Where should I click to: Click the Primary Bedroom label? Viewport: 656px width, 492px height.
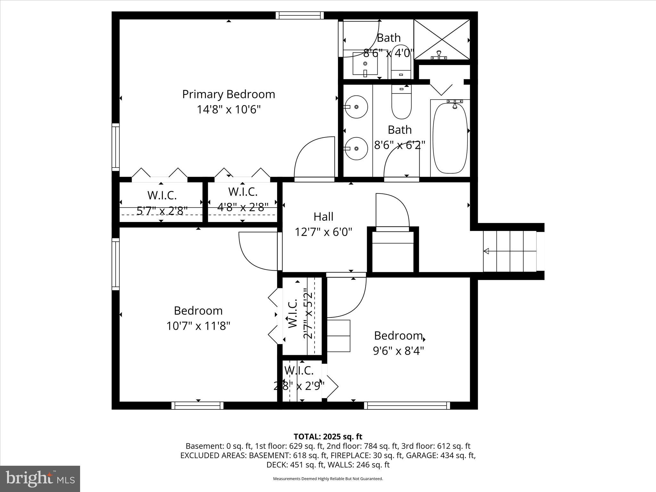[x=228, y=94]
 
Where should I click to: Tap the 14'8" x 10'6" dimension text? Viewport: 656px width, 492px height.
[x=228, y=110]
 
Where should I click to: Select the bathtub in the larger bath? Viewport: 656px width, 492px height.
[x=450, y=138]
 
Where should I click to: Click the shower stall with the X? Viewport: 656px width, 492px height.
[x=442, y=39]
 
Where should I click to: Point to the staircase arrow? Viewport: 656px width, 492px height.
[x=486, y=251]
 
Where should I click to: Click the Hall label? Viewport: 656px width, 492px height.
[x=323, y=217]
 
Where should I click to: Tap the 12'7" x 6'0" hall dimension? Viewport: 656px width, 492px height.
[x=323, y=232]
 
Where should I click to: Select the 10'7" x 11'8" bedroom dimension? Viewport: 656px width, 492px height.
[x=198, y=326]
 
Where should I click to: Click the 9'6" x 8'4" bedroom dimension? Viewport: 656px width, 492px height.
[x=398, y=351]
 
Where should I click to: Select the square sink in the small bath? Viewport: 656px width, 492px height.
[x=365, y=63]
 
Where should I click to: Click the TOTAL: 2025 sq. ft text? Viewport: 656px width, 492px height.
[x=328, y=437]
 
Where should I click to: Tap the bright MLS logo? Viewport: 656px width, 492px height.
[x=40, y=479]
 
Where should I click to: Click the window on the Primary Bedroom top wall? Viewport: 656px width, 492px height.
[x=299, y=15]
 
